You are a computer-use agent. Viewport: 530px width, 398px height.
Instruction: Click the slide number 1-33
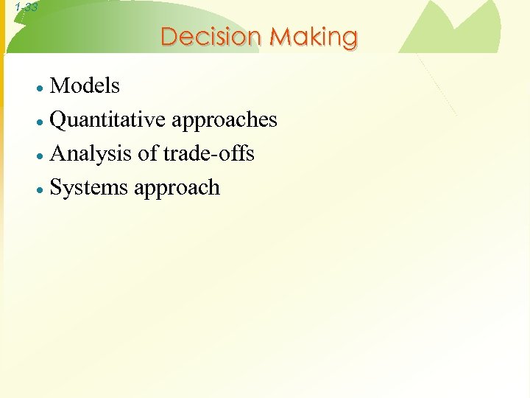(26, 7)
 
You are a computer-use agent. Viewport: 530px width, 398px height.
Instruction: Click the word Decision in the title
(211, 36)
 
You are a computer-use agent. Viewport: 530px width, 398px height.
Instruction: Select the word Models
(85, 85)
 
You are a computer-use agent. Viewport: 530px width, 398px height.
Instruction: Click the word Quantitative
(109, 119)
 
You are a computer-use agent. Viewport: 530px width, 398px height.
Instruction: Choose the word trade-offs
(209, 153)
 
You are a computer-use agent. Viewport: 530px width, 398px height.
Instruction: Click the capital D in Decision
(169, 36)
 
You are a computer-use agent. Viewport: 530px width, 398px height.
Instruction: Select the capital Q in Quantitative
(58, 120)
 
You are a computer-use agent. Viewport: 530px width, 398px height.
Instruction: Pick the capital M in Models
(60, 85)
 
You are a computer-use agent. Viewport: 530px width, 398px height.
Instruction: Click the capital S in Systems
(56, 187)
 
